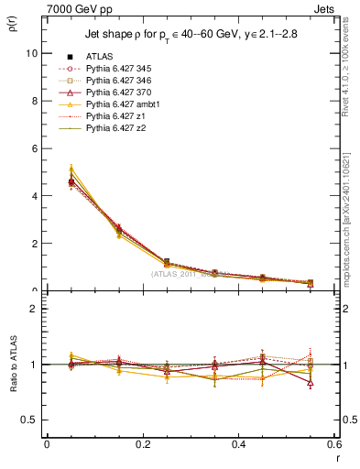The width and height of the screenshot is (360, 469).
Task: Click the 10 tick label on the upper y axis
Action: click(x=31, y=53)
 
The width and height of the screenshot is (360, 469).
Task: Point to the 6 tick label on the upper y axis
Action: click(x=34, y=148)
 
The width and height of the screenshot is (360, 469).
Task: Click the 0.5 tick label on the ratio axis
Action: click(x=29, y=420)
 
